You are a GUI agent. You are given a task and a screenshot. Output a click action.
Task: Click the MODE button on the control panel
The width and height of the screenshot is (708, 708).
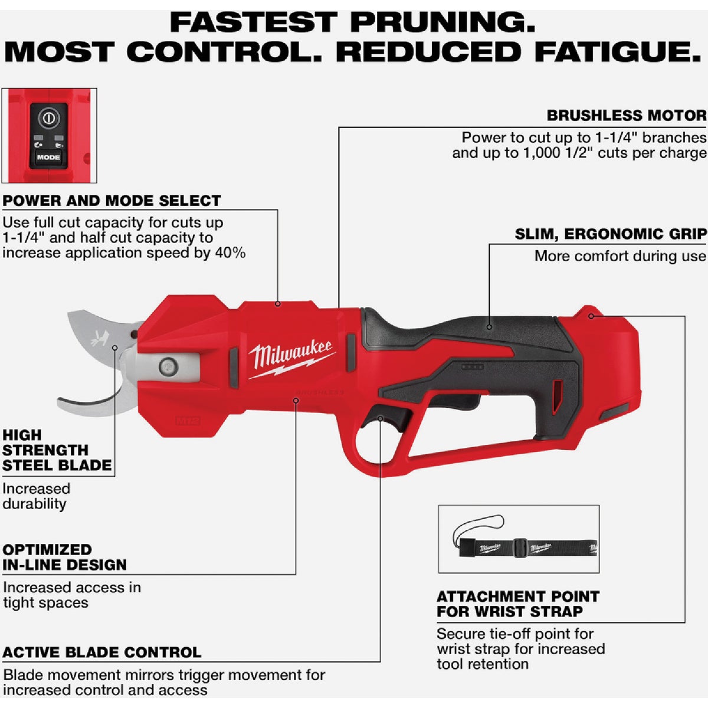48,158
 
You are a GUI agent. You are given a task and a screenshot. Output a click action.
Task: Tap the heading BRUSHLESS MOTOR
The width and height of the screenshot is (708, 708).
626,115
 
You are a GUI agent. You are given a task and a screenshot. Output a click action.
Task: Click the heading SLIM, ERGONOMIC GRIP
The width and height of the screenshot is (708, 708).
610,234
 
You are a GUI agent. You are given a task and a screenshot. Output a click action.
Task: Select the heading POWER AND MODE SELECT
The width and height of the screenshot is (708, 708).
112,201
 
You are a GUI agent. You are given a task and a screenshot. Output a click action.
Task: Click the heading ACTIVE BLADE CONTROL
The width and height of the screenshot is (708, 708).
101,652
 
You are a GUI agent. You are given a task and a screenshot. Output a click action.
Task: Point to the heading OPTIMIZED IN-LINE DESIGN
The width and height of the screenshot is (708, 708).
64,557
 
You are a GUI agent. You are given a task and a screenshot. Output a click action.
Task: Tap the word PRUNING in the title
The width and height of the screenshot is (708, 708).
442,22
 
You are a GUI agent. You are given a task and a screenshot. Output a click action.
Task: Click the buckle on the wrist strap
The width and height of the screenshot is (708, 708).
519,547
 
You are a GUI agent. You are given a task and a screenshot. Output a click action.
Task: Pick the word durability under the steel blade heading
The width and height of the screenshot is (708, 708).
34,504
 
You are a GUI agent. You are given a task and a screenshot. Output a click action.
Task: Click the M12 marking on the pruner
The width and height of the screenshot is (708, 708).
185,421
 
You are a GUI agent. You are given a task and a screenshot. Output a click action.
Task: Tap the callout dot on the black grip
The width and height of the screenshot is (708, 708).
489,326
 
